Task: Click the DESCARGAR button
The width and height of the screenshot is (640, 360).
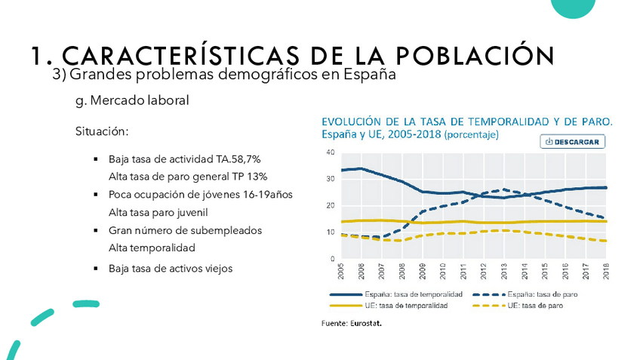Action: [573, 142]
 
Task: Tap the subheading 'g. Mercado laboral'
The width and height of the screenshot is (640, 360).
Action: [131, 100]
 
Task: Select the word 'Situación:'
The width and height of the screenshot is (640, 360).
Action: [102, 131]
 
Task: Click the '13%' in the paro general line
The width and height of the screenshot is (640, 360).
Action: [257, 177]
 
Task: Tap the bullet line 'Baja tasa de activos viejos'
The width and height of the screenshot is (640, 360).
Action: [171, 268]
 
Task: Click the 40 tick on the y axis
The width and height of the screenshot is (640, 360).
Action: [330, 152]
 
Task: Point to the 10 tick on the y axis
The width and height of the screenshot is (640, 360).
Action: [330, 232]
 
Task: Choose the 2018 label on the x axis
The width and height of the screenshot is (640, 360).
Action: [606, 269]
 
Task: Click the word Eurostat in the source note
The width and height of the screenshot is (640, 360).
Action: [366, 323]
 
